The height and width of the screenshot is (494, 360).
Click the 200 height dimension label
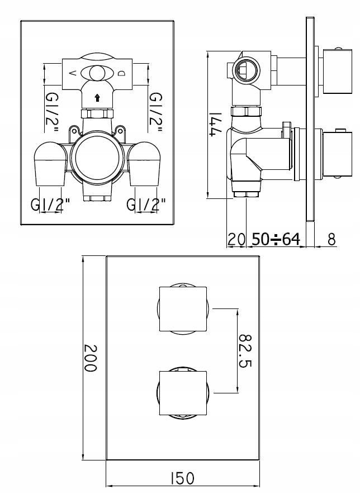click(91, 358)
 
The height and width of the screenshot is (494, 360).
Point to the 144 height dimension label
click(216, 124)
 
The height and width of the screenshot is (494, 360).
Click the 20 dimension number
click(236, 239)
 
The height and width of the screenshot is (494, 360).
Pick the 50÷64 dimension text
click(276, 239)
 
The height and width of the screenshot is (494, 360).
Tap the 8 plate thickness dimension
click(331, 239)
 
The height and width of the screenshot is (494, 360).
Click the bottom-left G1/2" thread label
click(50, 205)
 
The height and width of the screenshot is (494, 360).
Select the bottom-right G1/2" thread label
click(146, 205)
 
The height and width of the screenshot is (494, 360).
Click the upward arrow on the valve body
click(97, 98)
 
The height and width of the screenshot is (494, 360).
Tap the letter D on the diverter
click(122, 73)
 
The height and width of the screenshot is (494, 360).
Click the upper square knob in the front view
click(183, 308)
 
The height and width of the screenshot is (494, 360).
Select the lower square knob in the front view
click(183, 393)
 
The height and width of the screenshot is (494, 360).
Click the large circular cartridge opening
click(97, 156)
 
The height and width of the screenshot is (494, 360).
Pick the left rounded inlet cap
click(50, 164)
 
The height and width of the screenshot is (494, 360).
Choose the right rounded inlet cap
click(144, 164)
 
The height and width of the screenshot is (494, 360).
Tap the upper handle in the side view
click(337, 71)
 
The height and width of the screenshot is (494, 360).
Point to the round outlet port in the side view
click(245, 70)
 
